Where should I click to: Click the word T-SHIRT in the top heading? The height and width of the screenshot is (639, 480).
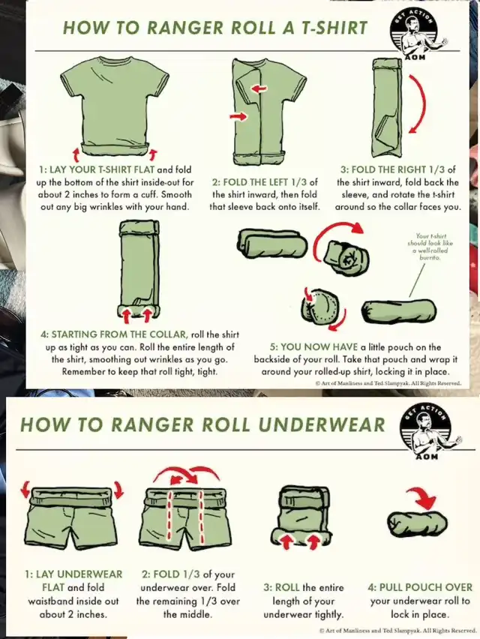tap(334, 28)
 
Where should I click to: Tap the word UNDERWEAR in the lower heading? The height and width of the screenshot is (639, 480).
tap(322, 424)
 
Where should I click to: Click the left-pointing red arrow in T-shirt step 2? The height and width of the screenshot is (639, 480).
tap(259, 88)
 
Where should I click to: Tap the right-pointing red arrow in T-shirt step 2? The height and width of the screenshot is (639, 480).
tap(238, 116)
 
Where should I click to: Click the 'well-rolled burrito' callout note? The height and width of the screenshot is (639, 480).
tap(430, 247)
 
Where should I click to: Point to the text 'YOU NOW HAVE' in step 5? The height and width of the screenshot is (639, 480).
tap(313, 347)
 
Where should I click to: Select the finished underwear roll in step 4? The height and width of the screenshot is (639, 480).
tap(417, 524)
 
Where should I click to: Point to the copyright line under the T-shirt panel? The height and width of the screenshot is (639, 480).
tap(388, 383)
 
